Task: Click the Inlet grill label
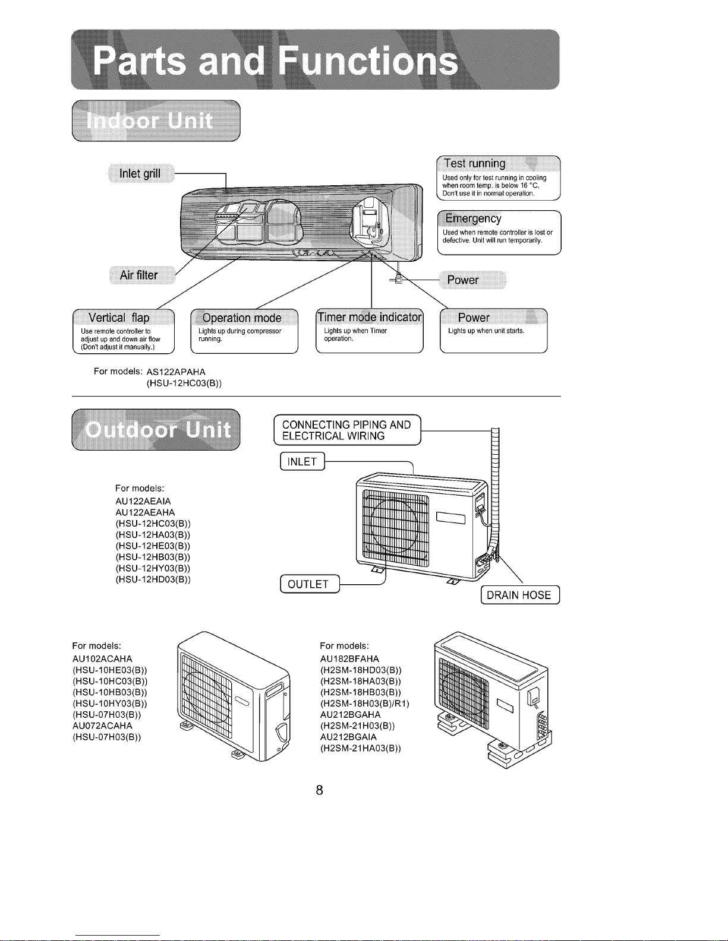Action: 141,173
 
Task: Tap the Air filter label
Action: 141,275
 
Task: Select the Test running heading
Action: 474,164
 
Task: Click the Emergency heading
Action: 473,218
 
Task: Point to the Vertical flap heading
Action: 119,318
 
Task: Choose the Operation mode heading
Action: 242,318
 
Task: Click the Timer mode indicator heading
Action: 370,317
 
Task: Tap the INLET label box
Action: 302,461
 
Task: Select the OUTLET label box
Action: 310,584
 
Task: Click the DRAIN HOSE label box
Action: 520,594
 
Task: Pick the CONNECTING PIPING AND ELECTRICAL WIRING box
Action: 347,430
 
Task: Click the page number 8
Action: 319,790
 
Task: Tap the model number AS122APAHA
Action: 176,372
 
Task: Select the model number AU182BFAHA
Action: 349,658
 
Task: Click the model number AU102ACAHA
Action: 102,658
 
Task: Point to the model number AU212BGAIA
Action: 348,737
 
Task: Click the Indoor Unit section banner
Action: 156,121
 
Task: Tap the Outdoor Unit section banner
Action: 156,430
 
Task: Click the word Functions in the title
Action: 367,61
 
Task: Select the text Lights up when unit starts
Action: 486,331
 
